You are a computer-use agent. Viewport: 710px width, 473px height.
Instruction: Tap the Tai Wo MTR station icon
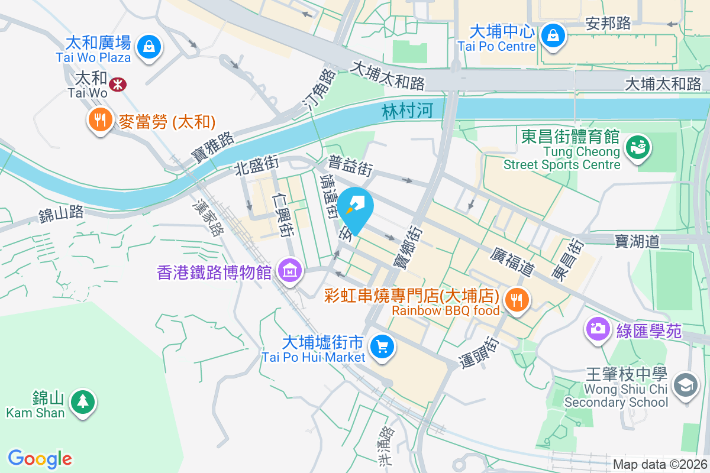118,84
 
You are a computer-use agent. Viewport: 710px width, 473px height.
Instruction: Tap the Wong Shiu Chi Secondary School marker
685,385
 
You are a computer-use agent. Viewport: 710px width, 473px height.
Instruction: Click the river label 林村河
408,111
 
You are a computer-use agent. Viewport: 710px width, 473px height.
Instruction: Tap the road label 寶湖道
637,241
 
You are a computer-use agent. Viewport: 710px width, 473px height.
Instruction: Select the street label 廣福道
512,261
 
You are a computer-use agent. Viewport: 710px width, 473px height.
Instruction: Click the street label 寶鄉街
406,248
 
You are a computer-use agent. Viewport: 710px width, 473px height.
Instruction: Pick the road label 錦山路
61,214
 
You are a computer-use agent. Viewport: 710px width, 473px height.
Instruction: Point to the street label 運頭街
480,352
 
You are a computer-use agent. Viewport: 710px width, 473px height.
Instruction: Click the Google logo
40,458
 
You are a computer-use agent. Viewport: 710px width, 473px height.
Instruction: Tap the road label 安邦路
608,23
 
